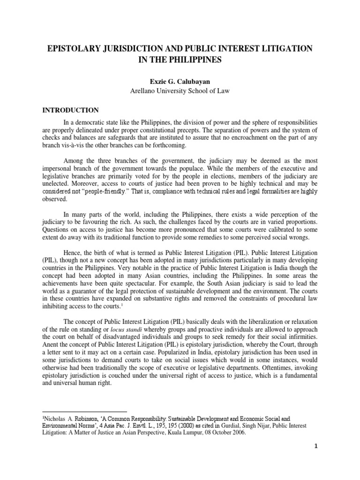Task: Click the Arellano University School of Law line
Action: (180, 91)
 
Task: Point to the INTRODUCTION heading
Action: (71, 110)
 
